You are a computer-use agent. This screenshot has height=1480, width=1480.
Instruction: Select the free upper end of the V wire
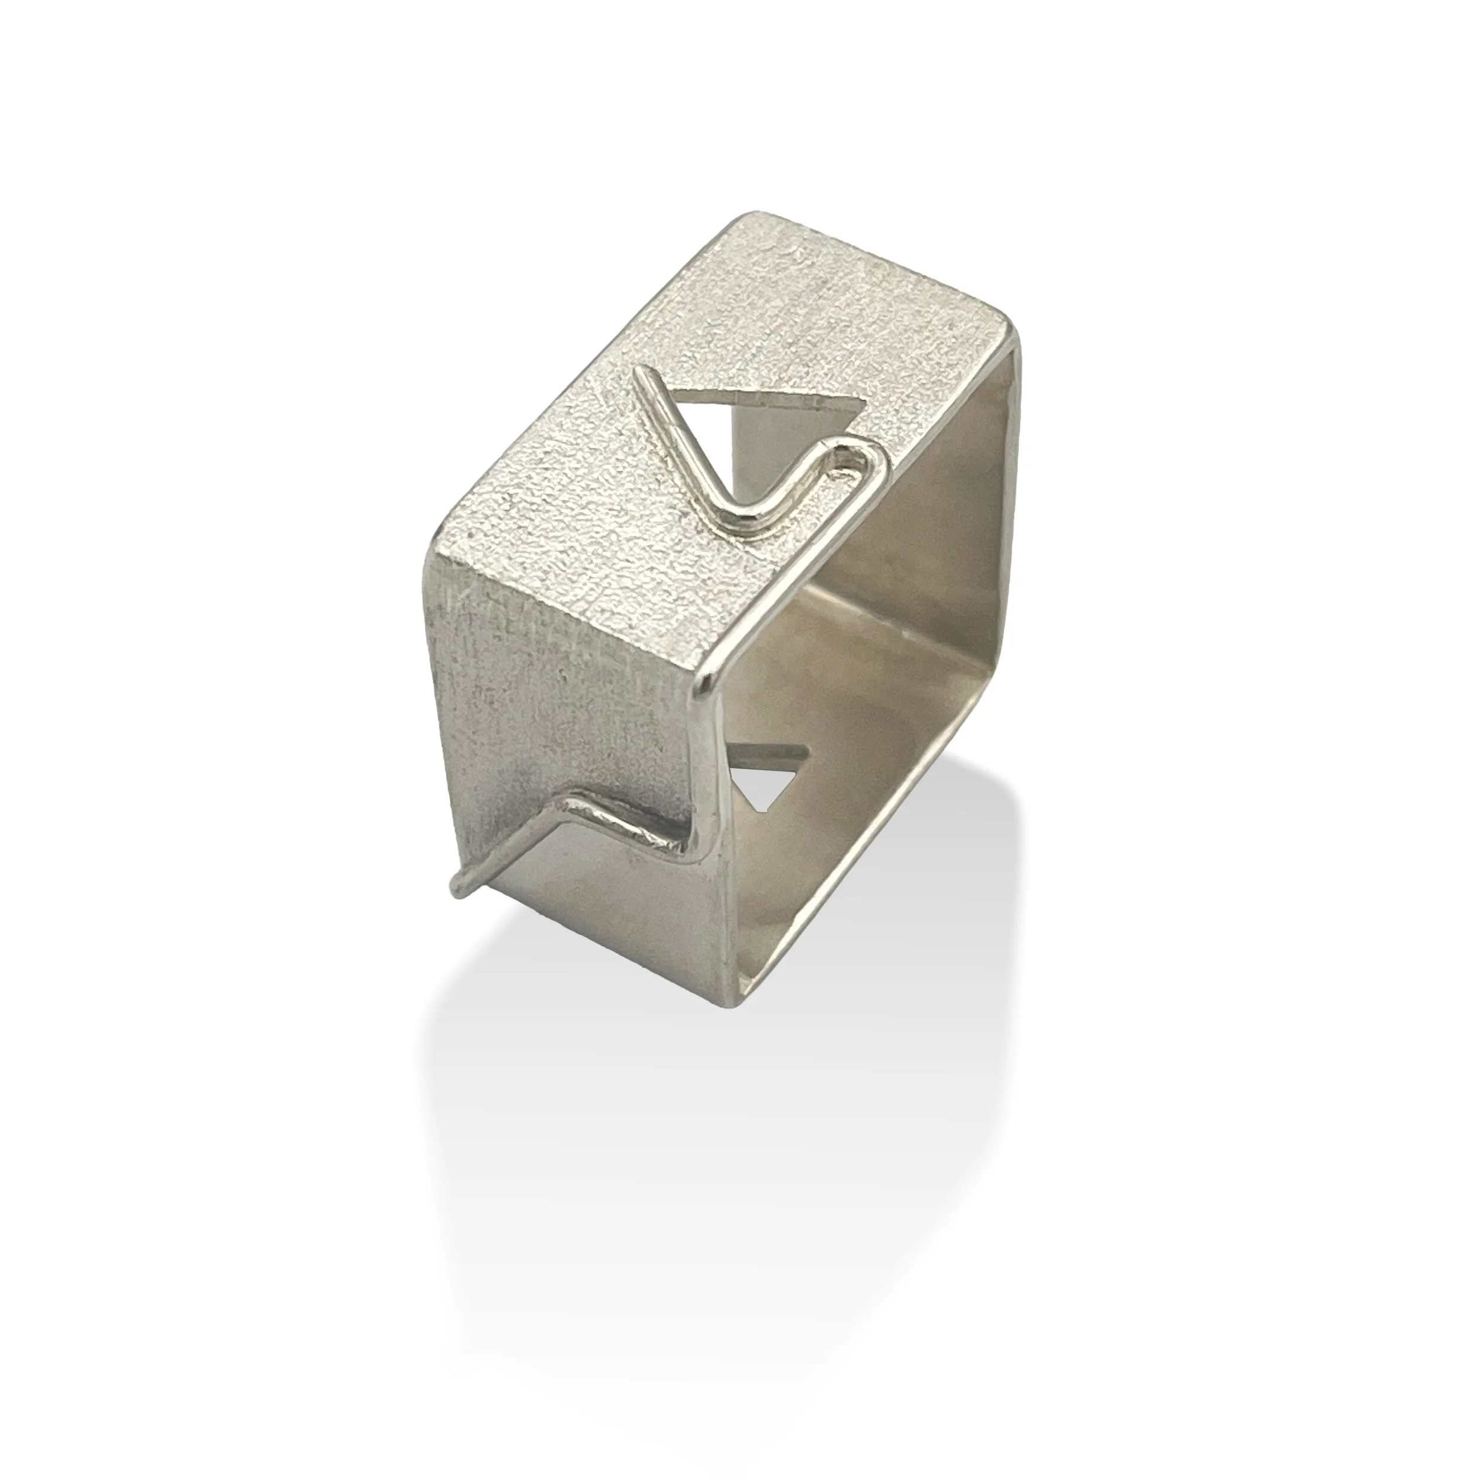click(x=642, y=376)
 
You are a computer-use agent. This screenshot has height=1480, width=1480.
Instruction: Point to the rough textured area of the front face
click(x=552, y=674)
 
